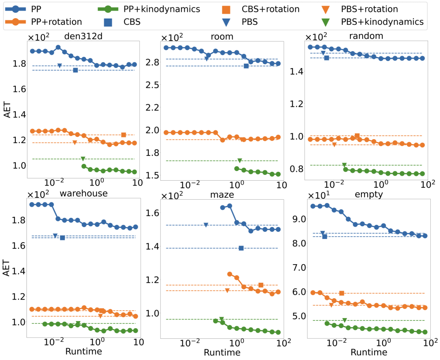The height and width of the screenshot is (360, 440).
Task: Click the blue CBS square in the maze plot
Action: coord(241,248)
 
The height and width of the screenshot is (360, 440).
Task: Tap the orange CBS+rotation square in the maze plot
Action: coord(261,285)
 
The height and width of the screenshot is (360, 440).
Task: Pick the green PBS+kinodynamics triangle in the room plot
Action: coord(240,161)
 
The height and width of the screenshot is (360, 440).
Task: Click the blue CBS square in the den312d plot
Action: coord(75,70)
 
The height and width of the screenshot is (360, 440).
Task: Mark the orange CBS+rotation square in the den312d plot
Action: coord(124,135)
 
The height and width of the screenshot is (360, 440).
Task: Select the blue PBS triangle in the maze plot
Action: coord(206,225)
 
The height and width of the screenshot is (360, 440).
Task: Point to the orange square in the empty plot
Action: coord(342,293)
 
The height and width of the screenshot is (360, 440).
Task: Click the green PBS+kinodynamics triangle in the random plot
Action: coord(344,165)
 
